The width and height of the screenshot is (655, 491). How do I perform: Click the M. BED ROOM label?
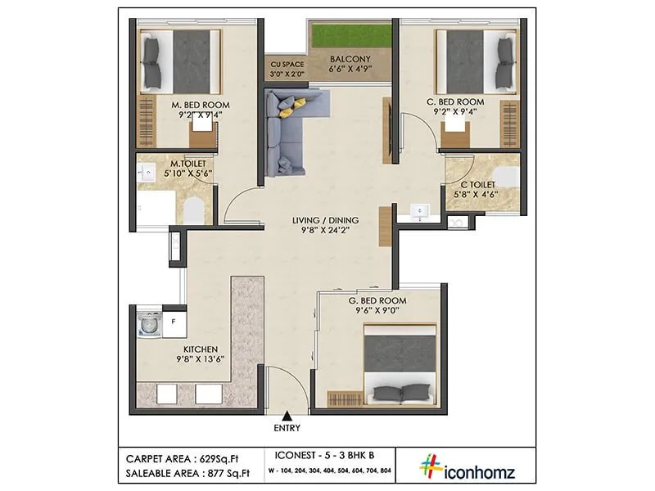tap(201, 106)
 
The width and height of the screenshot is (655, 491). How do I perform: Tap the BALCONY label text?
tap(350, 60)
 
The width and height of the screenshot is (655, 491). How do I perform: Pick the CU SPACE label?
tap(286, 64)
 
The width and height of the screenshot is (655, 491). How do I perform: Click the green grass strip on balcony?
tap(350, 37)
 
